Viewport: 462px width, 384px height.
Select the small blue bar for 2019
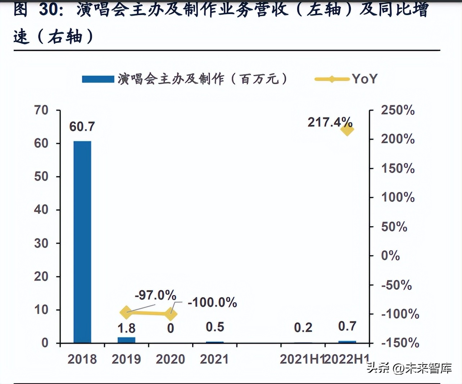pyautogui.click(x=126, y=340)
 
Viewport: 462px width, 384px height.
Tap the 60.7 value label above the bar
pyautogui.click(x=82, y=126)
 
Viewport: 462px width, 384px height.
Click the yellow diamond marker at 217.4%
pyautogui.click(x=347, y=129)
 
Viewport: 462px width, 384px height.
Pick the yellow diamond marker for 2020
pyautogui.click(x=171, y=314)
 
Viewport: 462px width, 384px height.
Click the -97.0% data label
pyautogui.click(x=155, y=295)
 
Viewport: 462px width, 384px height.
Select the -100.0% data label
pyautogui.click(x=212, y=302)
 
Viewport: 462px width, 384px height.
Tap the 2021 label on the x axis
pyautogui.click(x=214, y=359)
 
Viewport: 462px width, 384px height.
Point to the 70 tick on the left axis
pyautogui.click(x=41, y=110)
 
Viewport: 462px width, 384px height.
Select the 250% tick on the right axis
pyautogui.click(x=398, y=110)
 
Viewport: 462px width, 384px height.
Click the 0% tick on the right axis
pyautogui.click(x=390, y=255)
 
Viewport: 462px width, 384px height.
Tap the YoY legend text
pyautogui.click(x=364, y=79)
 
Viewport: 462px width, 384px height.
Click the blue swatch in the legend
pyautogui.click(x=98, y=79)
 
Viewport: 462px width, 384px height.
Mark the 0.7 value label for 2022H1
pyautogui.click(x=347, y=326)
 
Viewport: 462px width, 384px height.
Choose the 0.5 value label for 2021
pyautogui.click(x=215, y=327)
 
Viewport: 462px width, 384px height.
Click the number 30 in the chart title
pyautogui.click(x=48, y=9)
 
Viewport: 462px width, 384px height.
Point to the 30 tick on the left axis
pyautogui.click(x=41, y=243)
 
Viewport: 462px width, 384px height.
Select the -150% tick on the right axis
pyautogui.click(x=400, y=343)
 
